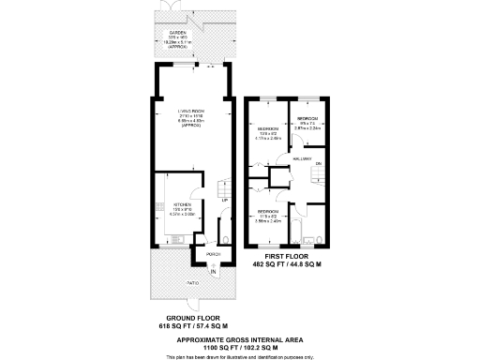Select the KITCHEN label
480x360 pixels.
(x=182, y=204)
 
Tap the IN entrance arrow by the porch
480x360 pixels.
(x=213, y=272)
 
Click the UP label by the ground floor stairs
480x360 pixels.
(x=224, y=201)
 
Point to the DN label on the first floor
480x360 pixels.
(x=319, y=165)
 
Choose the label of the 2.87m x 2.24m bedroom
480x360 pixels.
(x=308, y=119)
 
